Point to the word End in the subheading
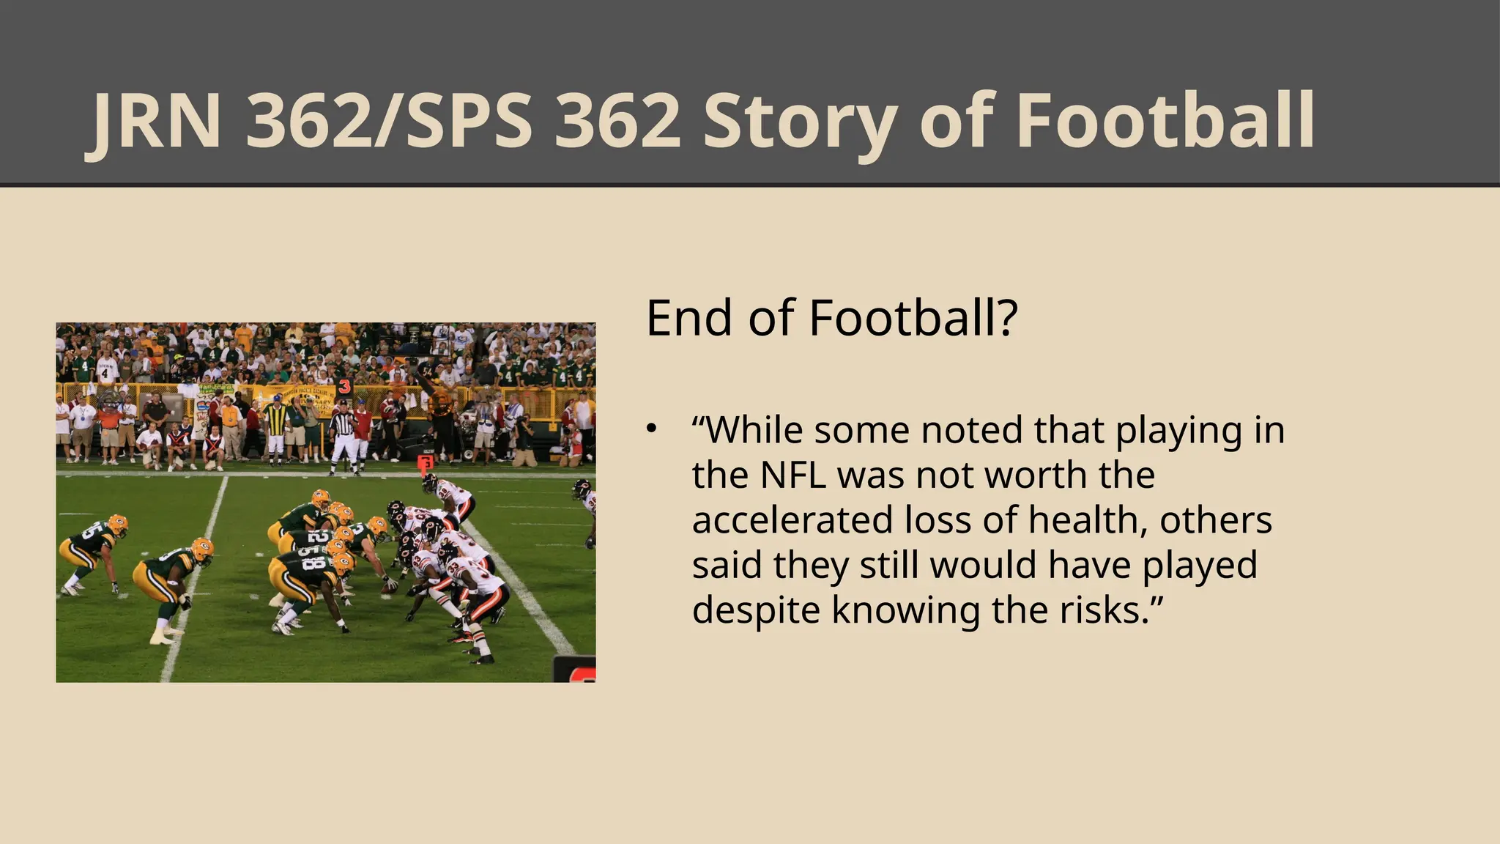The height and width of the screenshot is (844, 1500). (x=688, y=319)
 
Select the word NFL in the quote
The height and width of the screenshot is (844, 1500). (x=793, y=475)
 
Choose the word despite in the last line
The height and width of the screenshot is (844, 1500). (x=755, y=610)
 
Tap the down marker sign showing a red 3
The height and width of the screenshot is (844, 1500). (x=344, y=387)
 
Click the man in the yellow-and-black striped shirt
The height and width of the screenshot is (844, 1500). (x=275, y=429)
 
